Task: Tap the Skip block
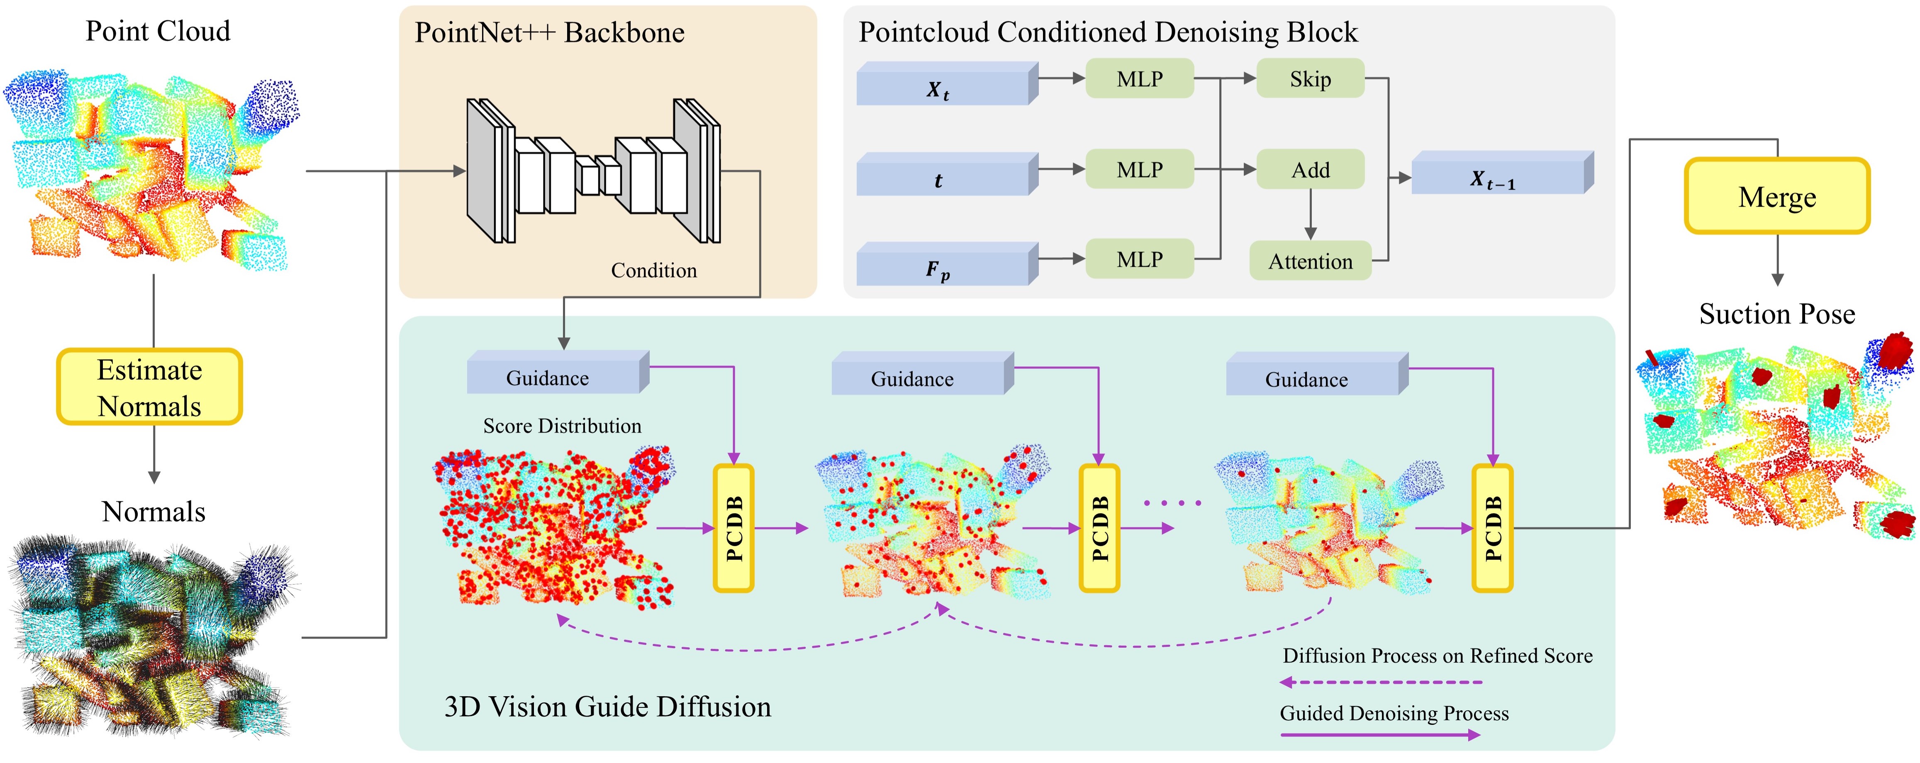point(1310,79)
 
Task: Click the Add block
point(1310,170)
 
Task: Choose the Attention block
point(1310,261)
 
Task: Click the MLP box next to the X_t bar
point(1140,79)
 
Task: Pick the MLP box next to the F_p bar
point(1140,259)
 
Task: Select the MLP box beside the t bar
point(1140,170)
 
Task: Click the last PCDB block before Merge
point(1492,528)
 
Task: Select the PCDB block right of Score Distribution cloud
point(734,528)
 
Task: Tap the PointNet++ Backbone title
point(549,33)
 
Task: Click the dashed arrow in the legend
point(1381,682)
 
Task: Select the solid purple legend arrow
point(1381,735)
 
